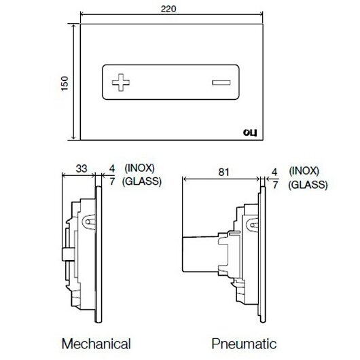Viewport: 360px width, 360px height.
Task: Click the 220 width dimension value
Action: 168,9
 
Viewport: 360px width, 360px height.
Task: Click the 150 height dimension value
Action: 65,84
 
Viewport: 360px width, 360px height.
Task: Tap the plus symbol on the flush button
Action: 121,82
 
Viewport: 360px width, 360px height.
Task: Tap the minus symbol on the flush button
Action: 221,82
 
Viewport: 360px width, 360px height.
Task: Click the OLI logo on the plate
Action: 250,132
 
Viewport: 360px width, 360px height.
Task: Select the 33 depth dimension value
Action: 82,168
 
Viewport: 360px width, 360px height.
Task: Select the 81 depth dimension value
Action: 223,172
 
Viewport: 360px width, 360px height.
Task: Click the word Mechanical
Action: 96,344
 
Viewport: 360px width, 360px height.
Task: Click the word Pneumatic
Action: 244,344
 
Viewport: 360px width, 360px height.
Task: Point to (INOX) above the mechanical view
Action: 139,168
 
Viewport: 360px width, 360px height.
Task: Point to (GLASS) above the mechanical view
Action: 142,181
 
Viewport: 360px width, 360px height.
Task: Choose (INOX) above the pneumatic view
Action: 304,171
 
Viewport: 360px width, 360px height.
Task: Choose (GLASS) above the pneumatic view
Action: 308,185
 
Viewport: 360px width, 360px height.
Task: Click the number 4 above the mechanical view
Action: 112,168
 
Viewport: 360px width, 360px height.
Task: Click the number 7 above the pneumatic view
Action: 276,185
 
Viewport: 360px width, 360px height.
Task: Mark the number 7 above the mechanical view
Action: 112,181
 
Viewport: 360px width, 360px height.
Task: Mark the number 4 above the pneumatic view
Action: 274,172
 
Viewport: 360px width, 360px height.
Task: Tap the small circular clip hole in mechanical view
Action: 88,222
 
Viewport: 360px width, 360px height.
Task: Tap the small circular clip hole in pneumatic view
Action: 252,225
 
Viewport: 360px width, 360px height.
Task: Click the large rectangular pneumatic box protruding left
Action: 200,254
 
